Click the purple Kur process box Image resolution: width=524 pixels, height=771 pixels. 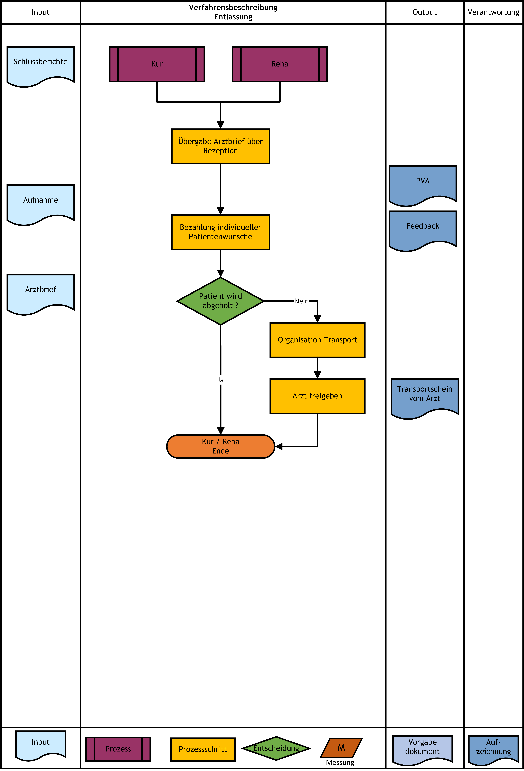click(x=157, y=64)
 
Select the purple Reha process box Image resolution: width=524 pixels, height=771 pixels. click(x=280, y=64)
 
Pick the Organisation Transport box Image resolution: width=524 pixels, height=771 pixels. click(x=317, y=340)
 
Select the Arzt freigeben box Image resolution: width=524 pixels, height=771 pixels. click(x=317, y=396)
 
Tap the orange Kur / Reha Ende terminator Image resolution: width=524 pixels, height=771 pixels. click(x=221, y=447)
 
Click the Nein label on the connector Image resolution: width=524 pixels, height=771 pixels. click(x=301, y=301)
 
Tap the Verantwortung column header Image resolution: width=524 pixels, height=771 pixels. click(x=493, y=12)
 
